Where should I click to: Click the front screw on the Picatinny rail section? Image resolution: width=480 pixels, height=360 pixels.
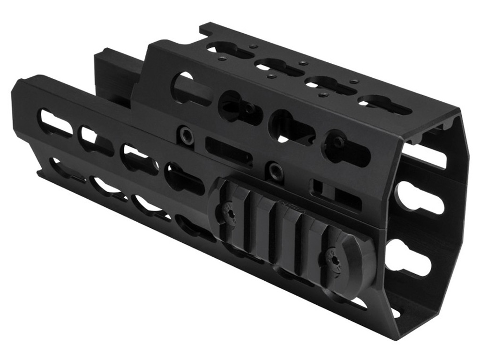[x=336, y=259]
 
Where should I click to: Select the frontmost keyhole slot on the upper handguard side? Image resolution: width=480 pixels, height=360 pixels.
[x=345, y=149]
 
